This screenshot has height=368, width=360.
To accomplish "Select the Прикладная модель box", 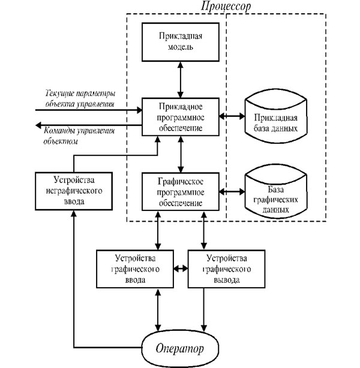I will [x=180, y=41].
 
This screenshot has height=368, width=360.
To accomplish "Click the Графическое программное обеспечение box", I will [x=180, y=191].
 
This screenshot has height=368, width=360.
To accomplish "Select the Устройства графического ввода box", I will [x=136, y=269].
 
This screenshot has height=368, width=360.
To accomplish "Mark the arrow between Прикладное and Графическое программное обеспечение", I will [x=180, y=153].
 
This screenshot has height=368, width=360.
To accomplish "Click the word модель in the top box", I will [x=180, y=48].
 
